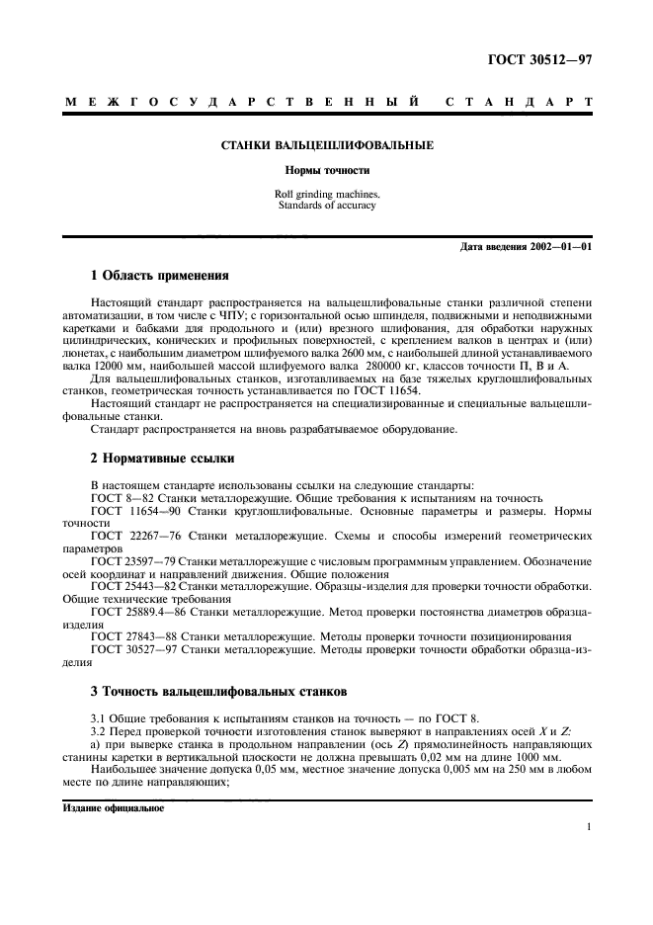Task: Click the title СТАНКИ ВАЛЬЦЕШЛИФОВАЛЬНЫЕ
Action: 326,146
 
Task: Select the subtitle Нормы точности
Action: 326,170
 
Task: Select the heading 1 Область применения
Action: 159,277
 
